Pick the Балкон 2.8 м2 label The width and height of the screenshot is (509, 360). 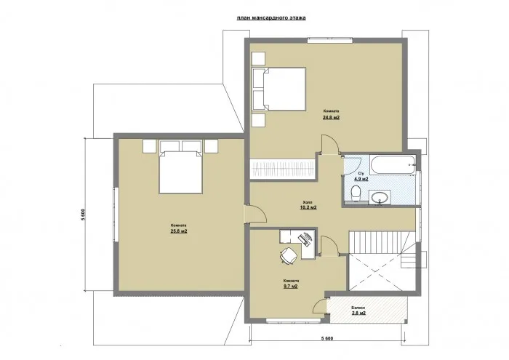click(x=358, y=311)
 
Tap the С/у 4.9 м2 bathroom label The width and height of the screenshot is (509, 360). click(x=361, y=176)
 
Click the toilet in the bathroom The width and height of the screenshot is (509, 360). click(x=354, y=193)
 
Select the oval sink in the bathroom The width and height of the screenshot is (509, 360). click(x=380, y=196)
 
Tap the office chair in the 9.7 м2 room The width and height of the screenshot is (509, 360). click(x=288, y=254)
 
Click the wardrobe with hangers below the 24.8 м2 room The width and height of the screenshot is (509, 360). click(x=283, y=170)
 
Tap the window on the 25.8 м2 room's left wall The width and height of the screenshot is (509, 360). click(x=113, y=214)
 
